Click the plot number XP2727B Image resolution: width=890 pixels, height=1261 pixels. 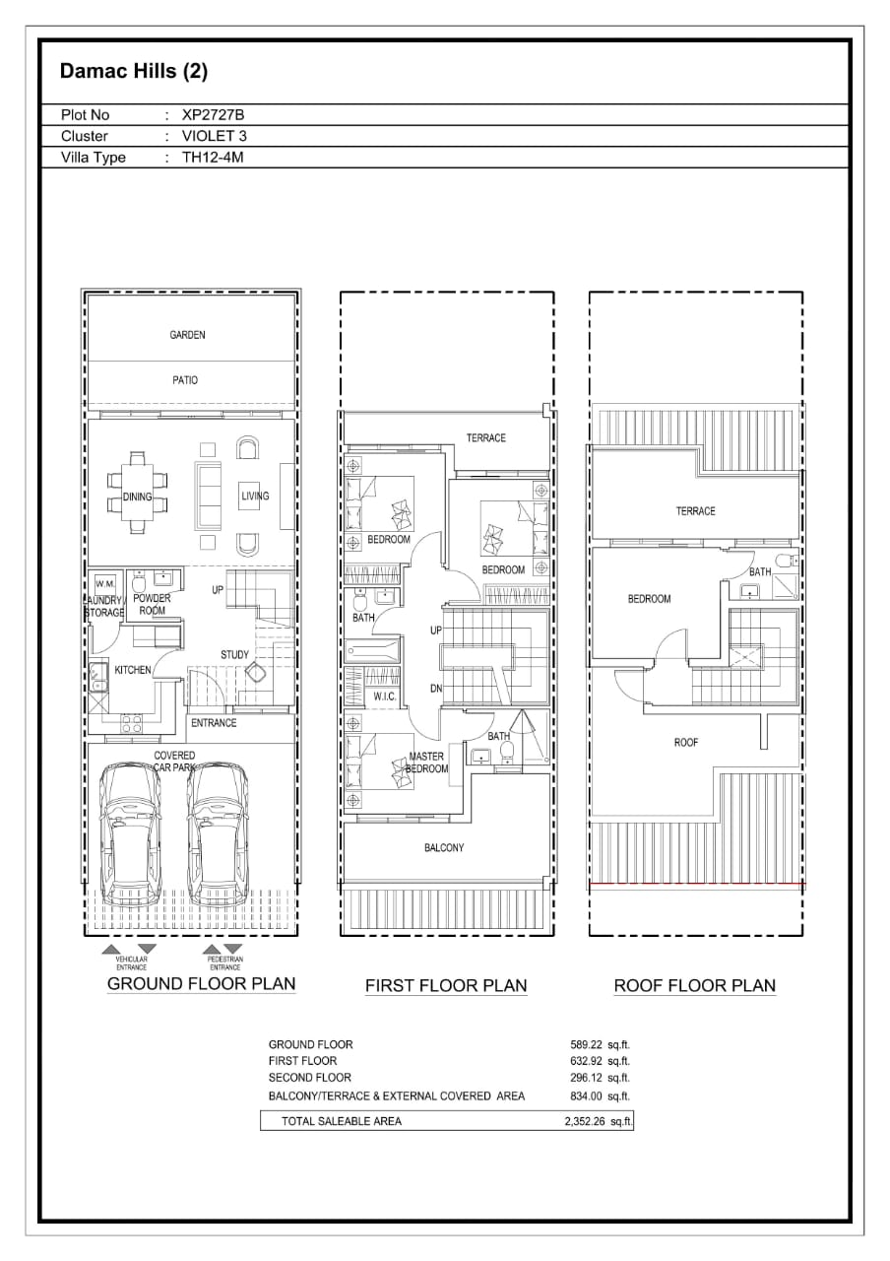(213, 115)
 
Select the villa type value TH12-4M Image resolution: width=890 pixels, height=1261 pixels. (213, 157)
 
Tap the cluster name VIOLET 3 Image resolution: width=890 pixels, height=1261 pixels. (215, 136)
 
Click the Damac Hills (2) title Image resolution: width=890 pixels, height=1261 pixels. (134, 71)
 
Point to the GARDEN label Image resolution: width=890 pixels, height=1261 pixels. (187, 335)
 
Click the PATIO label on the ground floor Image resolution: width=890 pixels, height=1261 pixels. (185, 380)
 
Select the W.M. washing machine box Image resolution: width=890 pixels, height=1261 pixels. (105, 583)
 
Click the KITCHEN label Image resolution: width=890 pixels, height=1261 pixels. (133, 670)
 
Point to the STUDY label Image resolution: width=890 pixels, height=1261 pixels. (234, 655)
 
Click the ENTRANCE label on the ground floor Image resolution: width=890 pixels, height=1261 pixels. (214, 723)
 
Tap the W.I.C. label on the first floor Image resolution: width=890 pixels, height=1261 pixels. (385, 697)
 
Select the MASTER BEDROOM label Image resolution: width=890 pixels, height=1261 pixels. (427, 763)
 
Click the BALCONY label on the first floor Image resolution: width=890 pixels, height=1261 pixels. (444, 848)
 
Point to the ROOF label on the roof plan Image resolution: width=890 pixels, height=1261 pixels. (686, 743)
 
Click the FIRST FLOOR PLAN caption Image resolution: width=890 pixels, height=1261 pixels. (446, 985)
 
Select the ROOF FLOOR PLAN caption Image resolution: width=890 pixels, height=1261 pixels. (695, 985)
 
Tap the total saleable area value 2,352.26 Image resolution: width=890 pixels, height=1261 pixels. (585, 1122)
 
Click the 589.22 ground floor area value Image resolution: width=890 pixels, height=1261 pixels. (586, 1045)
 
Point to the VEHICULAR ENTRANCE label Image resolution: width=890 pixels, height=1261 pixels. (131, 963)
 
